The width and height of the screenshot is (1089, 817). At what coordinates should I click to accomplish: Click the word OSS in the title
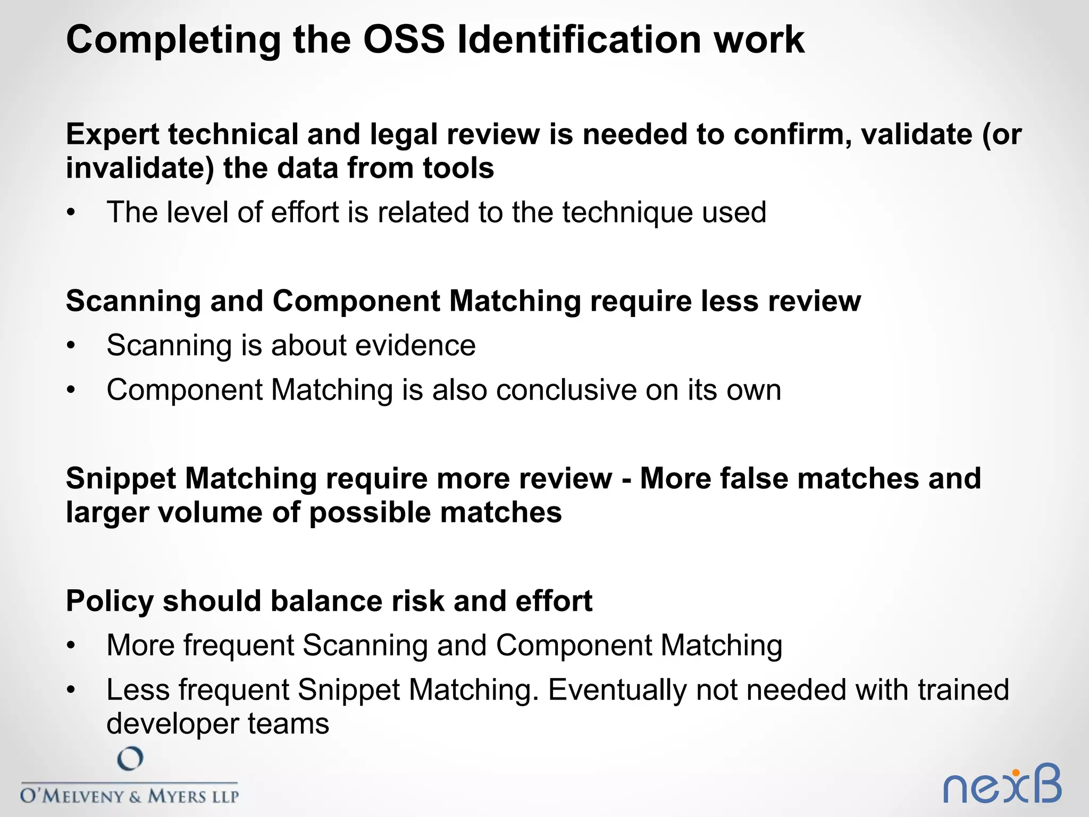coord(404,40)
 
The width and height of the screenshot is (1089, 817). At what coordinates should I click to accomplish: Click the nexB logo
coord(1002,784)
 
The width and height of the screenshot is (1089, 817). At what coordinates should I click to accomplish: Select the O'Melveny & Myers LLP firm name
coord(129,796)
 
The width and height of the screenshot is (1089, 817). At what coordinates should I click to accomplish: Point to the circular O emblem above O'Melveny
coord(130,758)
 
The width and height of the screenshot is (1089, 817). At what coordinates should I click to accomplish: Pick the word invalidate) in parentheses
coord(140,169)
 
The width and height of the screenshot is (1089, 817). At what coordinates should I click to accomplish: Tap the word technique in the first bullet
coord(627,213)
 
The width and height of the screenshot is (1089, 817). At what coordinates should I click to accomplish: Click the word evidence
coord(415,346)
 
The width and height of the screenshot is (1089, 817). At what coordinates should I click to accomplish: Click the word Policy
coord(110,602)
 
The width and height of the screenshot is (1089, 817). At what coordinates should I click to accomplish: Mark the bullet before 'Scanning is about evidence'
coord(71,346)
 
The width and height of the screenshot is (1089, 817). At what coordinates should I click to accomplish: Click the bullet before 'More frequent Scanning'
coord(71,646)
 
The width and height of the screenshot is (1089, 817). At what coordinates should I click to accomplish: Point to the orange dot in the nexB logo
coord(1016,773)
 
